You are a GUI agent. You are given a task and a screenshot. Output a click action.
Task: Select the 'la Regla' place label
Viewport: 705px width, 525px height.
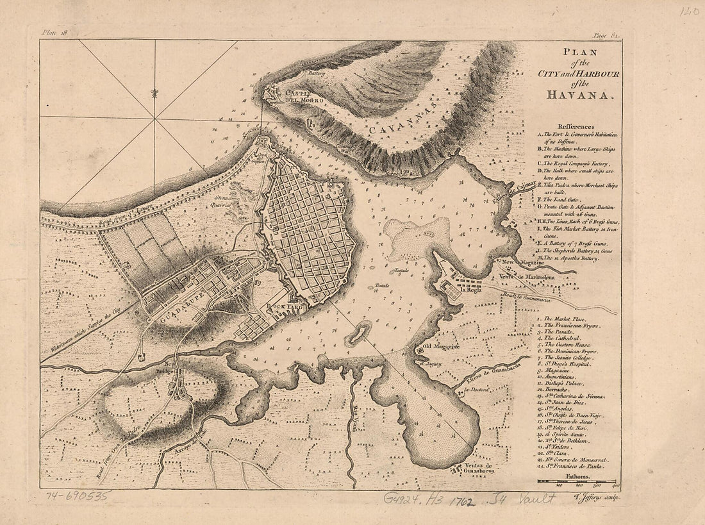pos(469,290)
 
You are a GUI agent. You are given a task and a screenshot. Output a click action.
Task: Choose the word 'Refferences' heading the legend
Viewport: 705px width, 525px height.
pos(576,127)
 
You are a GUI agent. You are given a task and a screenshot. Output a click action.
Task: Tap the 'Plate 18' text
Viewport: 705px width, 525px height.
pos(54,32)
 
